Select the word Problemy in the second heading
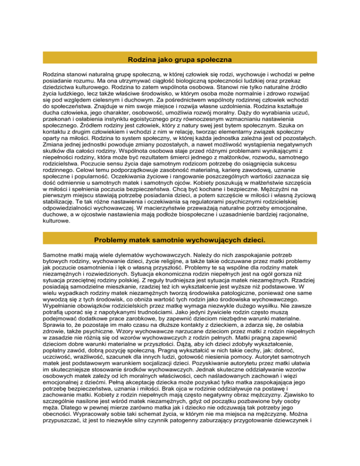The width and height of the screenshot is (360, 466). [114, 240]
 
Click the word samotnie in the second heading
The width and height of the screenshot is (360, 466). [177, 240]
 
